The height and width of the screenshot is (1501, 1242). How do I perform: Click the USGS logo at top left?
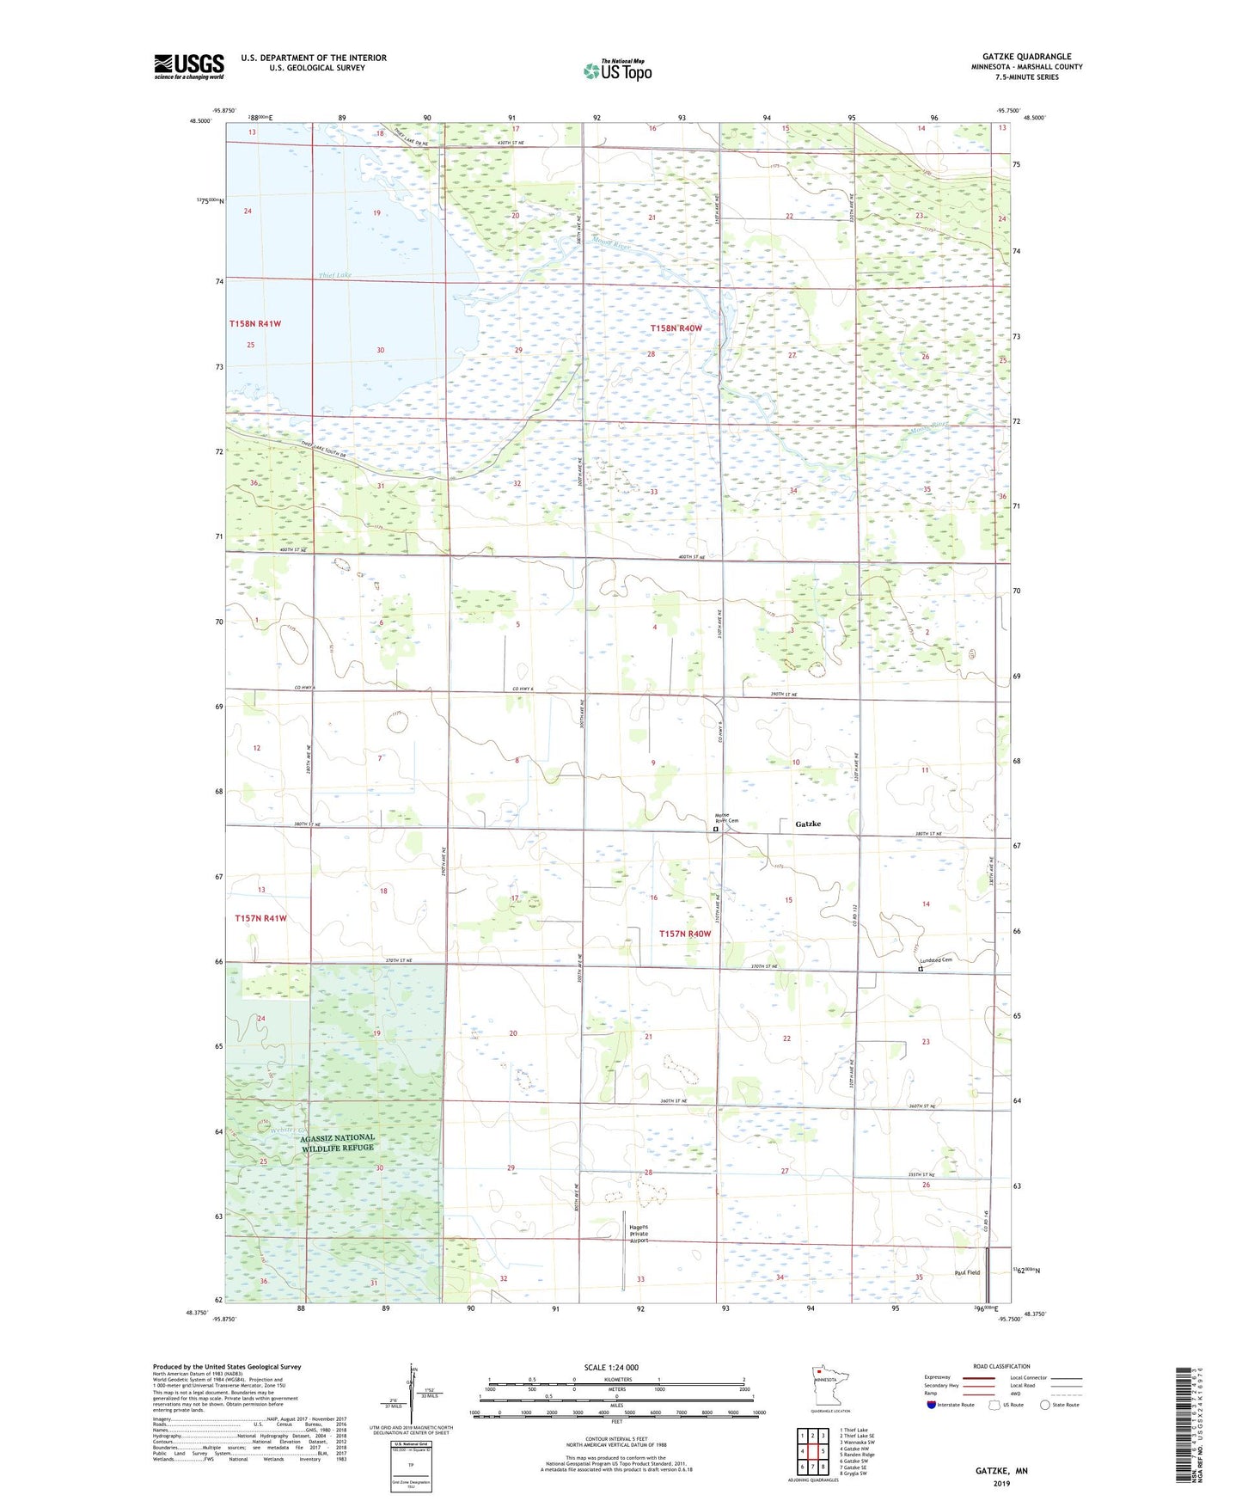coord(188,66)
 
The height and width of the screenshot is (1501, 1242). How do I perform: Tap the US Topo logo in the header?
coord(617,70)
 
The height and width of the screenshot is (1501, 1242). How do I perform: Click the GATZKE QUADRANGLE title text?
coord(1026,57)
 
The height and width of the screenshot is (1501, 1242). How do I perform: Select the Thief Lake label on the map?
coord(334,275)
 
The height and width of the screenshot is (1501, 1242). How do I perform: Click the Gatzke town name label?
coord(807,824)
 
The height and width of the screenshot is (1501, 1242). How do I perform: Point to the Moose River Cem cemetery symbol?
coord(715,830)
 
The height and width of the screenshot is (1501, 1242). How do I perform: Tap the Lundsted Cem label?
coord(936,959)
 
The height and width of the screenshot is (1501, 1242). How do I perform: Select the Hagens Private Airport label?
coord(639,1234)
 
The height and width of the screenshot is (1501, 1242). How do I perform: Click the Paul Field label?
coord(966,1272)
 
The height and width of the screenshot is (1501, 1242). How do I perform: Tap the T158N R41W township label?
coord(255,323)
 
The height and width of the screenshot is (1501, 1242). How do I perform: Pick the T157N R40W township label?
coord(685,934)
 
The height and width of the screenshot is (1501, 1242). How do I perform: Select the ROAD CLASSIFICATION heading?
coord(1001,1366)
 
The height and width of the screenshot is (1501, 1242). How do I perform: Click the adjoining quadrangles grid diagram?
coord(812,1449)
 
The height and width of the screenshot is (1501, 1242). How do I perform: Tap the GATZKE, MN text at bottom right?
coord(1000,1471)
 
